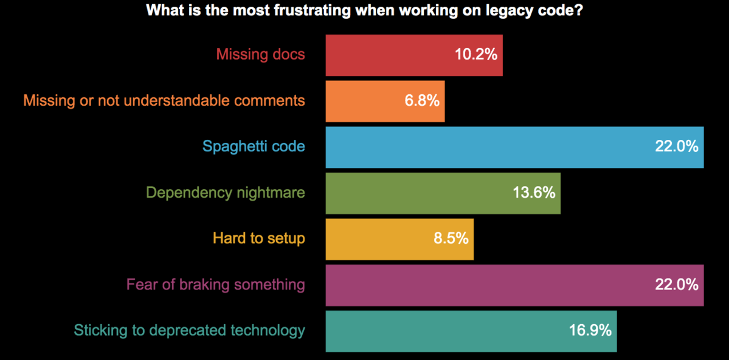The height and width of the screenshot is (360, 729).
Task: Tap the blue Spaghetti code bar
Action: click(x=486, y=147)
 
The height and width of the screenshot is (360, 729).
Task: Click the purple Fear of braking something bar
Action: click(x=486, y=285)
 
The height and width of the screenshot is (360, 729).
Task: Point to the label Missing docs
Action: click(x=260, y=55)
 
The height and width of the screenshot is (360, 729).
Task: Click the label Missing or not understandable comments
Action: click(x=164, y=100)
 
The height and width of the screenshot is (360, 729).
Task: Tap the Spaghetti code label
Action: click(x=254, y=147)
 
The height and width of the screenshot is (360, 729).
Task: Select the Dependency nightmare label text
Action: click(x=226, y=193)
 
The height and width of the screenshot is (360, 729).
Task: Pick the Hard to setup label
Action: click(x=258, y=238)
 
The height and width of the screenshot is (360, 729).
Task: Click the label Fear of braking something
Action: click(x=215, y=285)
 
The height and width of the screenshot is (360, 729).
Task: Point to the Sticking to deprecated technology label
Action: click(x=189, y=331)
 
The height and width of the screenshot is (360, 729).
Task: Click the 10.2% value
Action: click(x=476, y=55)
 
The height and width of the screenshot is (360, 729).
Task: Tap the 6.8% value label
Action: click(x=422, y=101)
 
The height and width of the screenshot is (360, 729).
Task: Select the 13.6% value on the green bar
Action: click(x=533, y=193)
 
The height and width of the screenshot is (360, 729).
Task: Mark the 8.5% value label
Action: click(x=451, y=239)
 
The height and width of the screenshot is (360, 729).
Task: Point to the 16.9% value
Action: click(x=590, y=331)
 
